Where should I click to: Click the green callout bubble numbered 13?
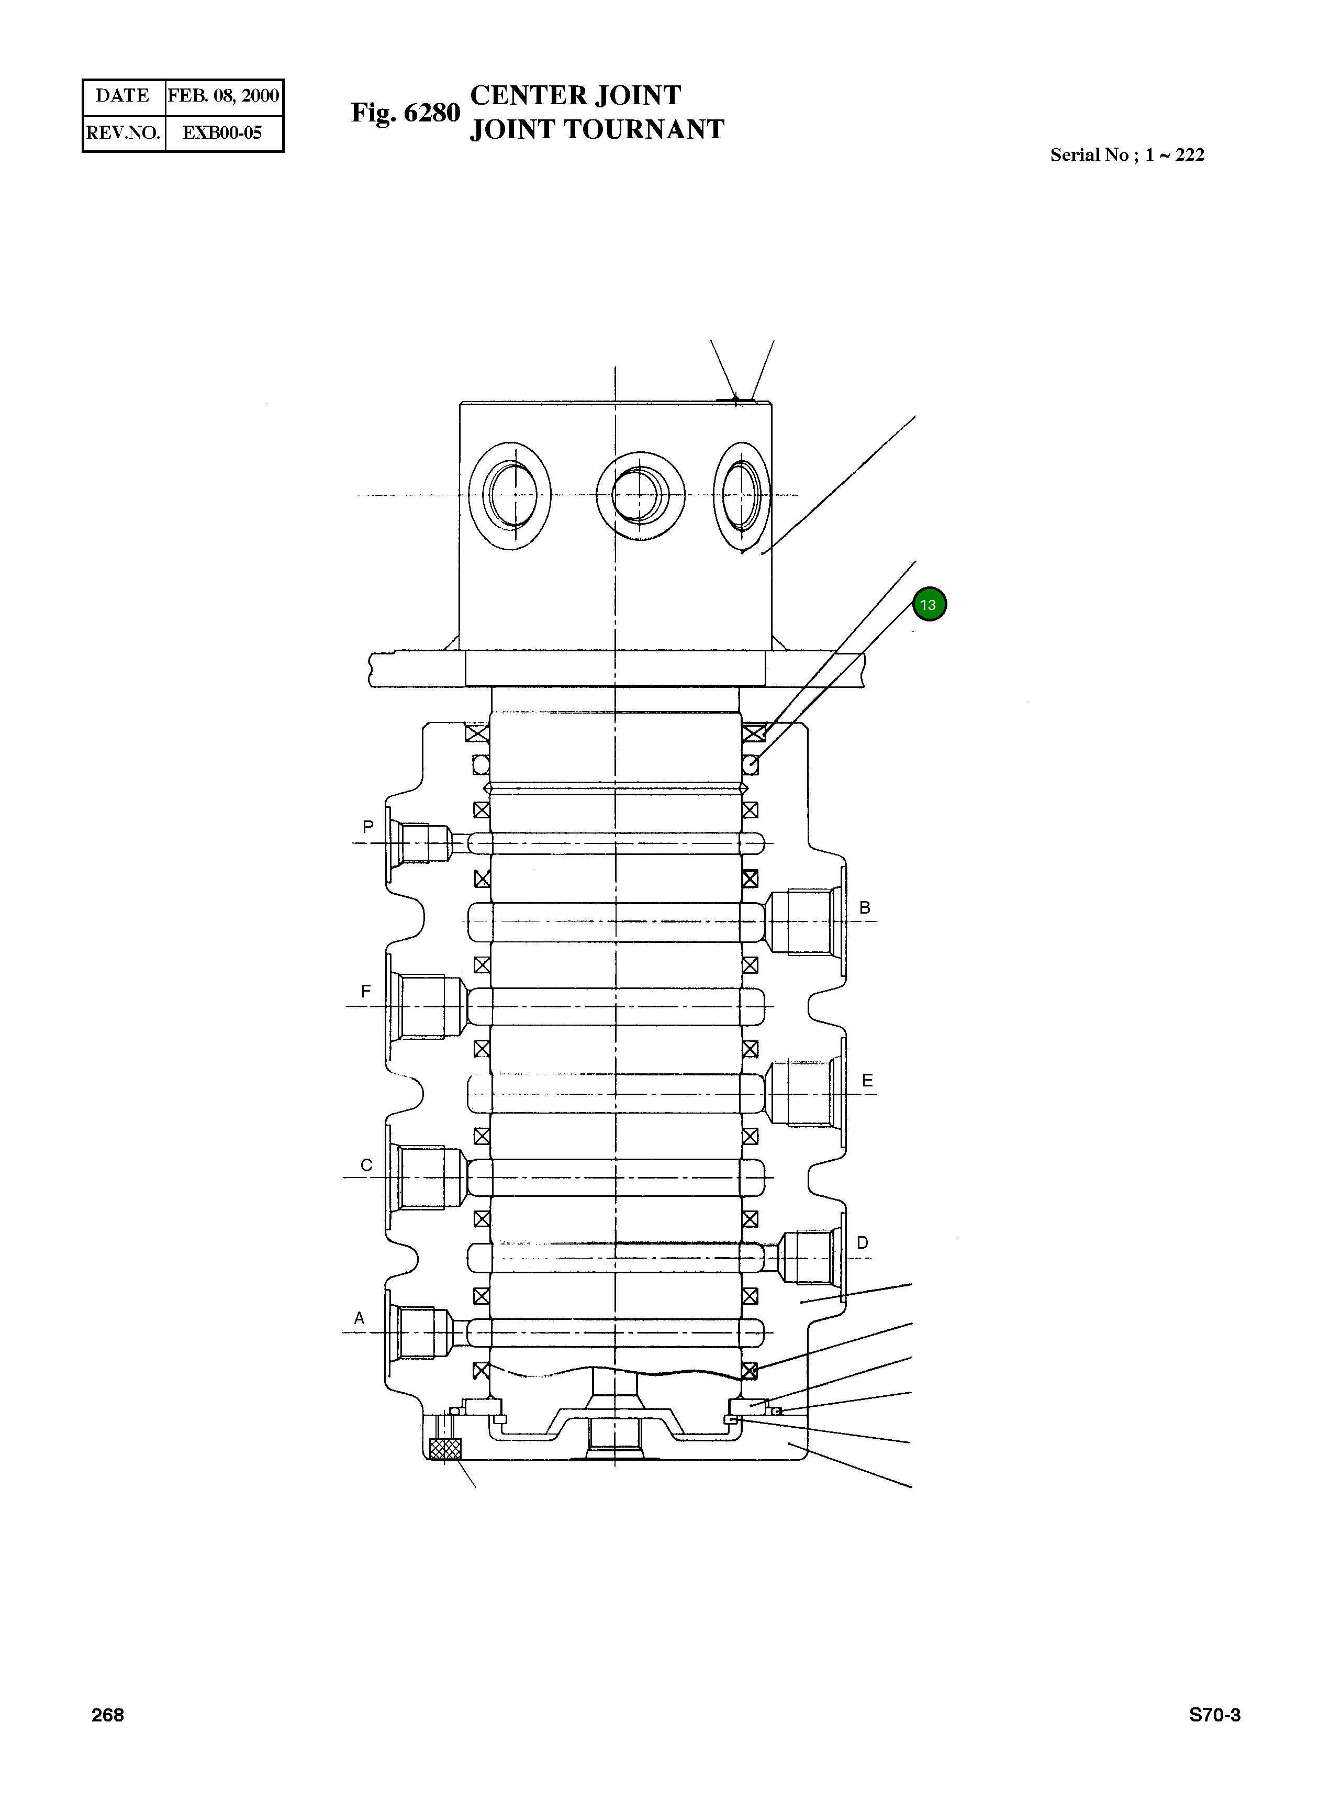click(928, 605)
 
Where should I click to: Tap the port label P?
click(367, 827)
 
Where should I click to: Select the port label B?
click(864, 907)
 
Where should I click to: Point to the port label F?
click(366, 991)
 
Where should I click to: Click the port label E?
click(867, 1081)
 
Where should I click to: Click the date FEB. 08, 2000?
click(223, 96)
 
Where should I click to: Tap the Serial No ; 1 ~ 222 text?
click(1126, 155)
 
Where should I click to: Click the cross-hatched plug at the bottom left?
click(445, 1448)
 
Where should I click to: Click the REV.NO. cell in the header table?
click(124, 132)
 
